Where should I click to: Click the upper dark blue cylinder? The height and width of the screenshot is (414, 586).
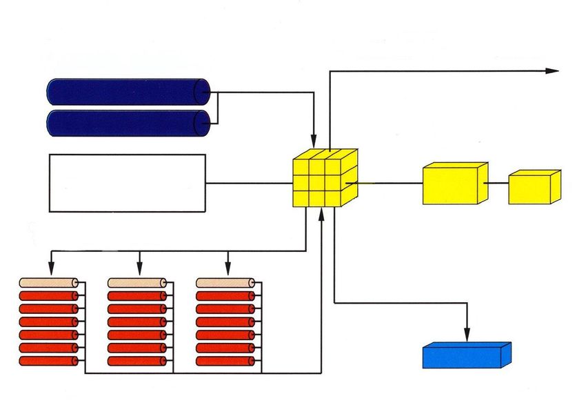[x=128, y=92]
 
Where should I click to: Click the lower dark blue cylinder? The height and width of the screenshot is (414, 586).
[x=128, y=123]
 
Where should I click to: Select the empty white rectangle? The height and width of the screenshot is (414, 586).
[x=128, y=183]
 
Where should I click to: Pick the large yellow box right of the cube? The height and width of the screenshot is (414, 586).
[x=453, y=184]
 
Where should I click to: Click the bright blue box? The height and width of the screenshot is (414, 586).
[x=465, y=356]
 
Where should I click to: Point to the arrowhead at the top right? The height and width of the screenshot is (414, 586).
[x=552, y=70]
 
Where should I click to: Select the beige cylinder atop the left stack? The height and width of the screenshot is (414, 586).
[x=49, y=283]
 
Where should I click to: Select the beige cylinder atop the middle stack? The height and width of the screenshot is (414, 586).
[x=137, y=283]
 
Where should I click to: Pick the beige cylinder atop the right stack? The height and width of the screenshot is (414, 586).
[x=225, y=283]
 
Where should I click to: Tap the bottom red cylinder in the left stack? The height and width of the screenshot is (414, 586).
[x=49, y=361]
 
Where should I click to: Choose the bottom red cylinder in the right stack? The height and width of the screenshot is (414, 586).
[x=225, y=361]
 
